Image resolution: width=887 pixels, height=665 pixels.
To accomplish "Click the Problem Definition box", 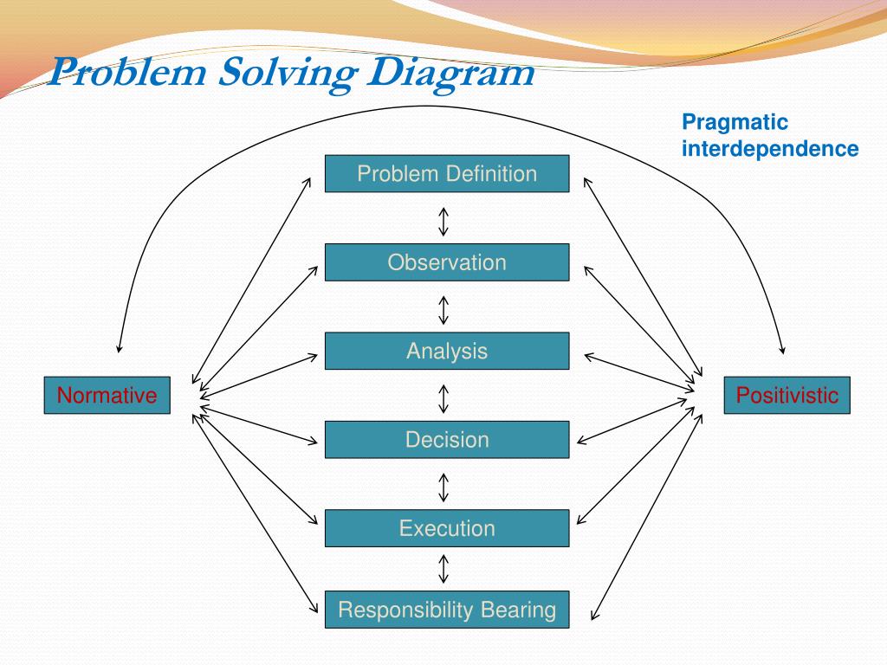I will (447, 173).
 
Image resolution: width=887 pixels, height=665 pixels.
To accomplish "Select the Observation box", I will (447, 262).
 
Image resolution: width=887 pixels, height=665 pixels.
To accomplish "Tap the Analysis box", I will (447, 351).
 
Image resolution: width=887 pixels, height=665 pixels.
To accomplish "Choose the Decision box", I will (447, 439).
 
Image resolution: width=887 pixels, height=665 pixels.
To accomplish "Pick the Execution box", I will (447, 528).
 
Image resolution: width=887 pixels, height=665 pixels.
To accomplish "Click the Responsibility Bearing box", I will (447, 610).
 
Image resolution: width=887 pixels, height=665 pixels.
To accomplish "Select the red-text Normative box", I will (107, 396).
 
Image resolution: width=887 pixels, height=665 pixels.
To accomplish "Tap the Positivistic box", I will (787, 396).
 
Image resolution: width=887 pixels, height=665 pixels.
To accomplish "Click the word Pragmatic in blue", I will (735, 123).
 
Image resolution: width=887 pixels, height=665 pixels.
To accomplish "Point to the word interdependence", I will (770, 149).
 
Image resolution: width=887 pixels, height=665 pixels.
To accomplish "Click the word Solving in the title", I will (286, 73).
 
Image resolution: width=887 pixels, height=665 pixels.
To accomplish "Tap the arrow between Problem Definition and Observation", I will (443, 221).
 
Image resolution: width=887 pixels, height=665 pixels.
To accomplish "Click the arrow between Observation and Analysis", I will (443, 309).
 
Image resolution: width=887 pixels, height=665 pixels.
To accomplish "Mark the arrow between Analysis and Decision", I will (443, 398).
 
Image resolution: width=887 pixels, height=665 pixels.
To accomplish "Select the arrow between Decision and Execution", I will (443, 487).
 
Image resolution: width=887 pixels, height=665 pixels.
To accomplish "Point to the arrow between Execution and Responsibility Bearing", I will (443, 569).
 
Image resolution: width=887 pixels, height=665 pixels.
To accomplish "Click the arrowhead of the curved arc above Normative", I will (120, 349).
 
